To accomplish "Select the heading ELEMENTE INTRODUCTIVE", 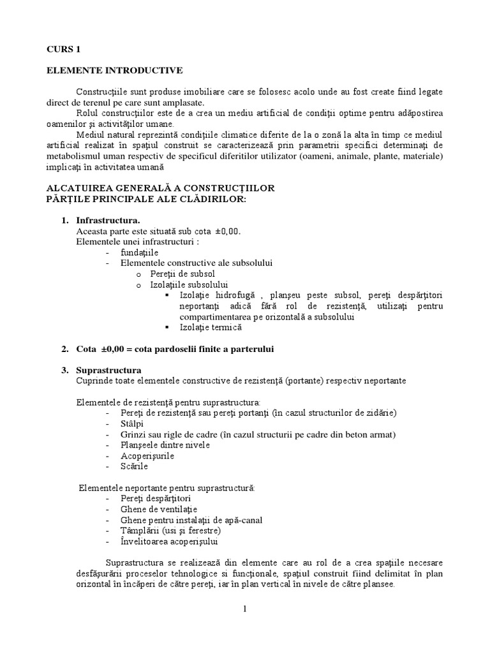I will tap(114, 70).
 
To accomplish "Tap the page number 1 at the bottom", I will tap(244, 608).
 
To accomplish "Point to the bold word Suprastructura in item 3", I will tap(109, 370).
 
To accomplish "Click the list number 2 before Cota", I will tap(64, 349).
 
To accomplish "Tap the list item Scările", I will tap(134, 466).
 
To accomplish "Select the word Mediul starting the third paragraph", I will tap(89, 135).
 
